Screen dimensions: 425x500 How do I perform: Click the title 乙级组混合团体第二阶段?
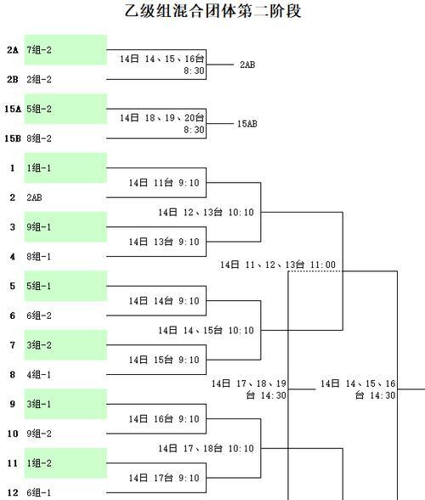(212, 11)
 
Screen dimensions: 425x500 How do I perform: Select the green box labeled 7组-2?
(65, 49)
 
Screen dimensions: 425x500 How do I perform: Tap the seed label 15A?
(13, 109)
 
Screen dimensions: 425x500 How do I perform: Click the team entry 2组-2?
(39, 79)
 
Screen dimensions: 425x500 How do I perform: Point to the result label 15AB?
(247, 124)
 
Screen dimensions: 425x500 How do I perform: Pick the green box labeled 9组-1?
(65, 227)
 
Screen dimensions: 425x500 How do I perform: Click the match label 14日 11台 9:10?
(164, 183)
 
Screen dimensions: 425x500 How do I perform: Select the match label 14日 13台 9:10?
(164, 241)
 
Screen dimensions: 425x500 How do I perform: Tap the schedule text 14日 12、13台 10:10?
(206, 213)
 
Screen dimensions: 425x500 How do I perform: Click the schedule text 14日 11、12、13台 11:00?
(278, 264)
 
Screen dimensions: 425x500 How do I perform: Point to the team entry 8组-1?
(39, 257)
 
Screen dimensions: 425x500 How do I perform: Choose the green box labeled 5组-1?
(65, 286)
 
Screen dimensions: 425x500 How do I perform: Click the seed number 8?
(13, 375)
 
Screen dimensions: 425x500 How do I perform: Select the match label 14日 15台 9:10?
(164, 360)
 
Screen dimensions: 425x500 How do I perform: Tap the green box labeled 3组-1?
(65, 404)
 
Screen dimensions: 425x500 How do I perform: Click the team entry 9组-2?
(39, 434)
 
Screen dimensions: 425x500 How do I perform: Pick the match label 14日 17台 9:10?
(164, 478)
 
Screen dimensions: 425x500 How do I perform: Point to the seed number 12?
(13, 492)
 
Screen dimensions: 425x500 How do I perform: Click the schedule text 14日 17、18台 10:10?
(206, 449)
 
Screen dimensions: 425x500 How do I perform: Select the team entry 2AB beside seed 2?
(35, 197)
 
